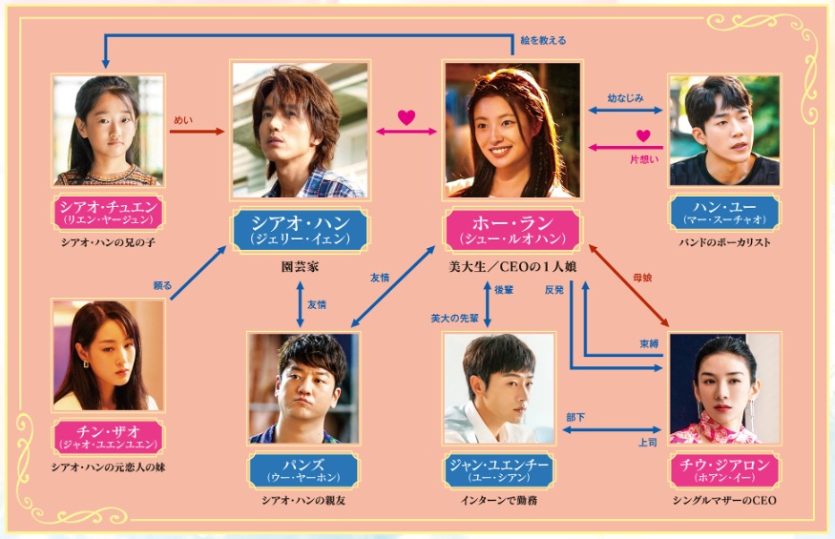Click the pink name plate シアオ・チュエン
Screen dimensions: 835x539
click(x=108, y=212)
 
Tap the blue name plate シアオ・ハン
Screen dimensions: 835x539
click(x=300, y=230)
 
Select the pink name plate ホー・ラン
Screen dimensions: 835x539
click(x=512, y=230)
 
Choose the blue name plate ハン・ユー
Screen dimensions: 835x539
click(x=724, y=212)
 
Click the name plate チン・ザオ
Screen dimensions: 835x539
click(x=108, y=437)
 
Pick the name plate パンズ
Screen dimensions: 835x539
click(x=303, y=470)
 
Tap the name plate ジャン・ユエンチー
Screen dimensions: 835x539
click(x=499, y=470)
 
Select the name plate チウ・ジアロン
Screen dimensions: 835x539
click(x=724, y=470)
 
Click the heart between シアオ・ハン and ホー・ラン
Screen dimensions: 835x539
click(x=407, y=117)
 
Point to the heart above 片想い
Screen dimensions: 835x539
click(x=643, y=135)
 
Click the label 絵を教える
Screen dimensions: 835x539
click(x=543, y=40)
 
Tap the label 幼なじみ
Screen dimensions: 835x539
click(x=625, y=98)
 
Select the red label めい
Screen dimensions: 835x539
click(x=183, y=120)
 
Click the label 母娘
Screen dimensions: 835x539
click(x=642, y=278)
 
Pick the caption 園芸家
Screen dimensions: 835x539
click(x=300, y=267)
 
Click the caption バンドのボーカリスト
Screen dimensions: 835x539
click(x=724, y=242)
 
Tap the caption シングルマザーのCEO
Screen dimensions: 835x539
click(x=724, y=500)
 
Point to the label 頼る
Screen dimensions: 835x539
click(x=162, y=285)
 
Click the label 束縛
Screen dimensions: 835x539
click(x=649, y=344)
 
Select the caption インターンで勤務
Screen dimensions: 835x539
click(x=499, y=500)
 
